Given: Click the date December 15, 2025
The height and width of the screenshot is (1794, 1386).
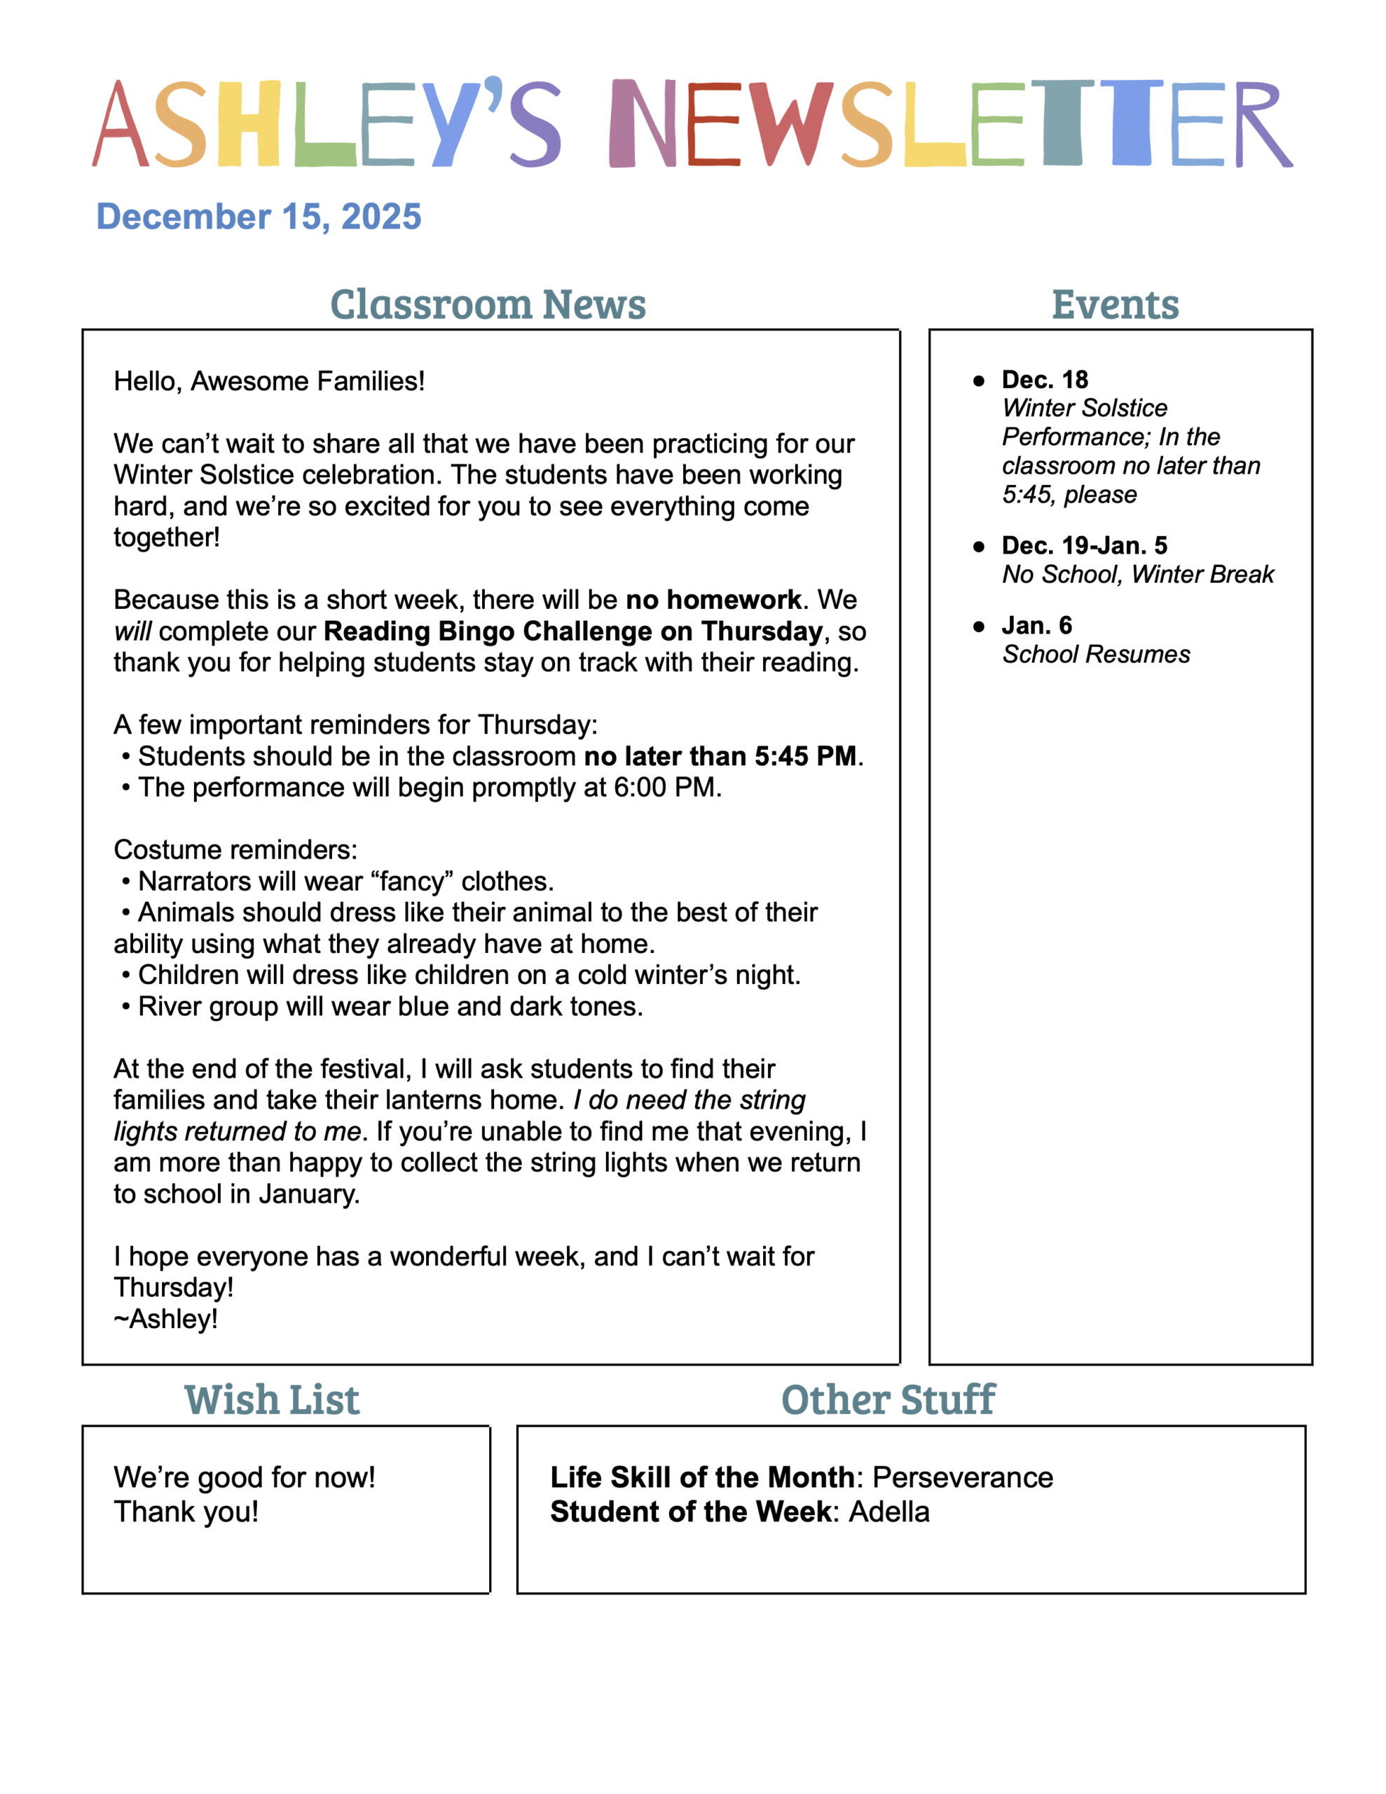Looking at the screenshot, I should tap(259, 217).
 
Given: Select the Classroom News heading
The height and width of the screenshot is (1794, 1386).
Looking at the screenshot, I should tap(488, 305).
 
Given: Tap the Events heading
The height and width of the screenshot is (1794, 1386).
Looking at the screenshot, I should tap(1115, 305).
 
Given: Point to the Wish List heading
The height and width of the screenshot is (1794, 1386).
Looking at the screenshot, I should tap(272, 1399).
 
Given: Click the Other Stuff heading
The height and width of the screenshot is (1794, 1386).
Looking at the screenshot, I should tap(888, 1399).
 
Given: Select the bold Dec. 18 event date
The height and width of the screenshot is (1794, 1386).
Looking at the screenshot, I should tap(1044, 380).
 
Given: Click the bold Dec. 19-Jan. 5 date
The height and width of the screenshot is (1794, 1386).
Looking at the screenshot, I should tap(1084, 545).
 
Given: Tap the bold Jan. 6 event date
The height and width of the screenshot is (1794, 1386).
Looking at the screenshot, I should tap(1036, 626).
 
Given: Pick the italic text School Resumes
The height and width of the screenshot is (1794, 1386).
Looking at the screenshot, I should tap(1095, 655).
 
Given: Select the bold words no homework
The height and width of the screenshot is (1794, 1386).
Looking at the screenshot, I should tap(713, 600).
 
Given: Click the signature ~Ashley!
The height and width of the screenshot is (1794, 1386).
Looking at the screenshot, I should tap(166, 1318).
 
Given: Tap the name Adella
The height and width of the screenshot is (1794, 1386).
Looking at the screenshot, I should tap(889, 1512).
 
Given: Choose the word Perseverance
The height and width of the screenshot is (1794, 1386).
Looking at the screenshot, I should tap(962, 1477).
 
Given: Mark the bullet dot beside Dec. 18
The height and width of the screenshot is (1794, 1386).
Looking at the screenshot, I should tap(978, 381).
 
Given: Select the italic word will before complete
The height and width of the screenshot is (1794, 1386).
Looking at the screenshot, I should tap(132, 631).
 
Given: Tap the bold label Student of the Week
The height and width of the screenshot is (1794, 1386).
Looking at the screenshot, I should tap(691, 1512).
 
